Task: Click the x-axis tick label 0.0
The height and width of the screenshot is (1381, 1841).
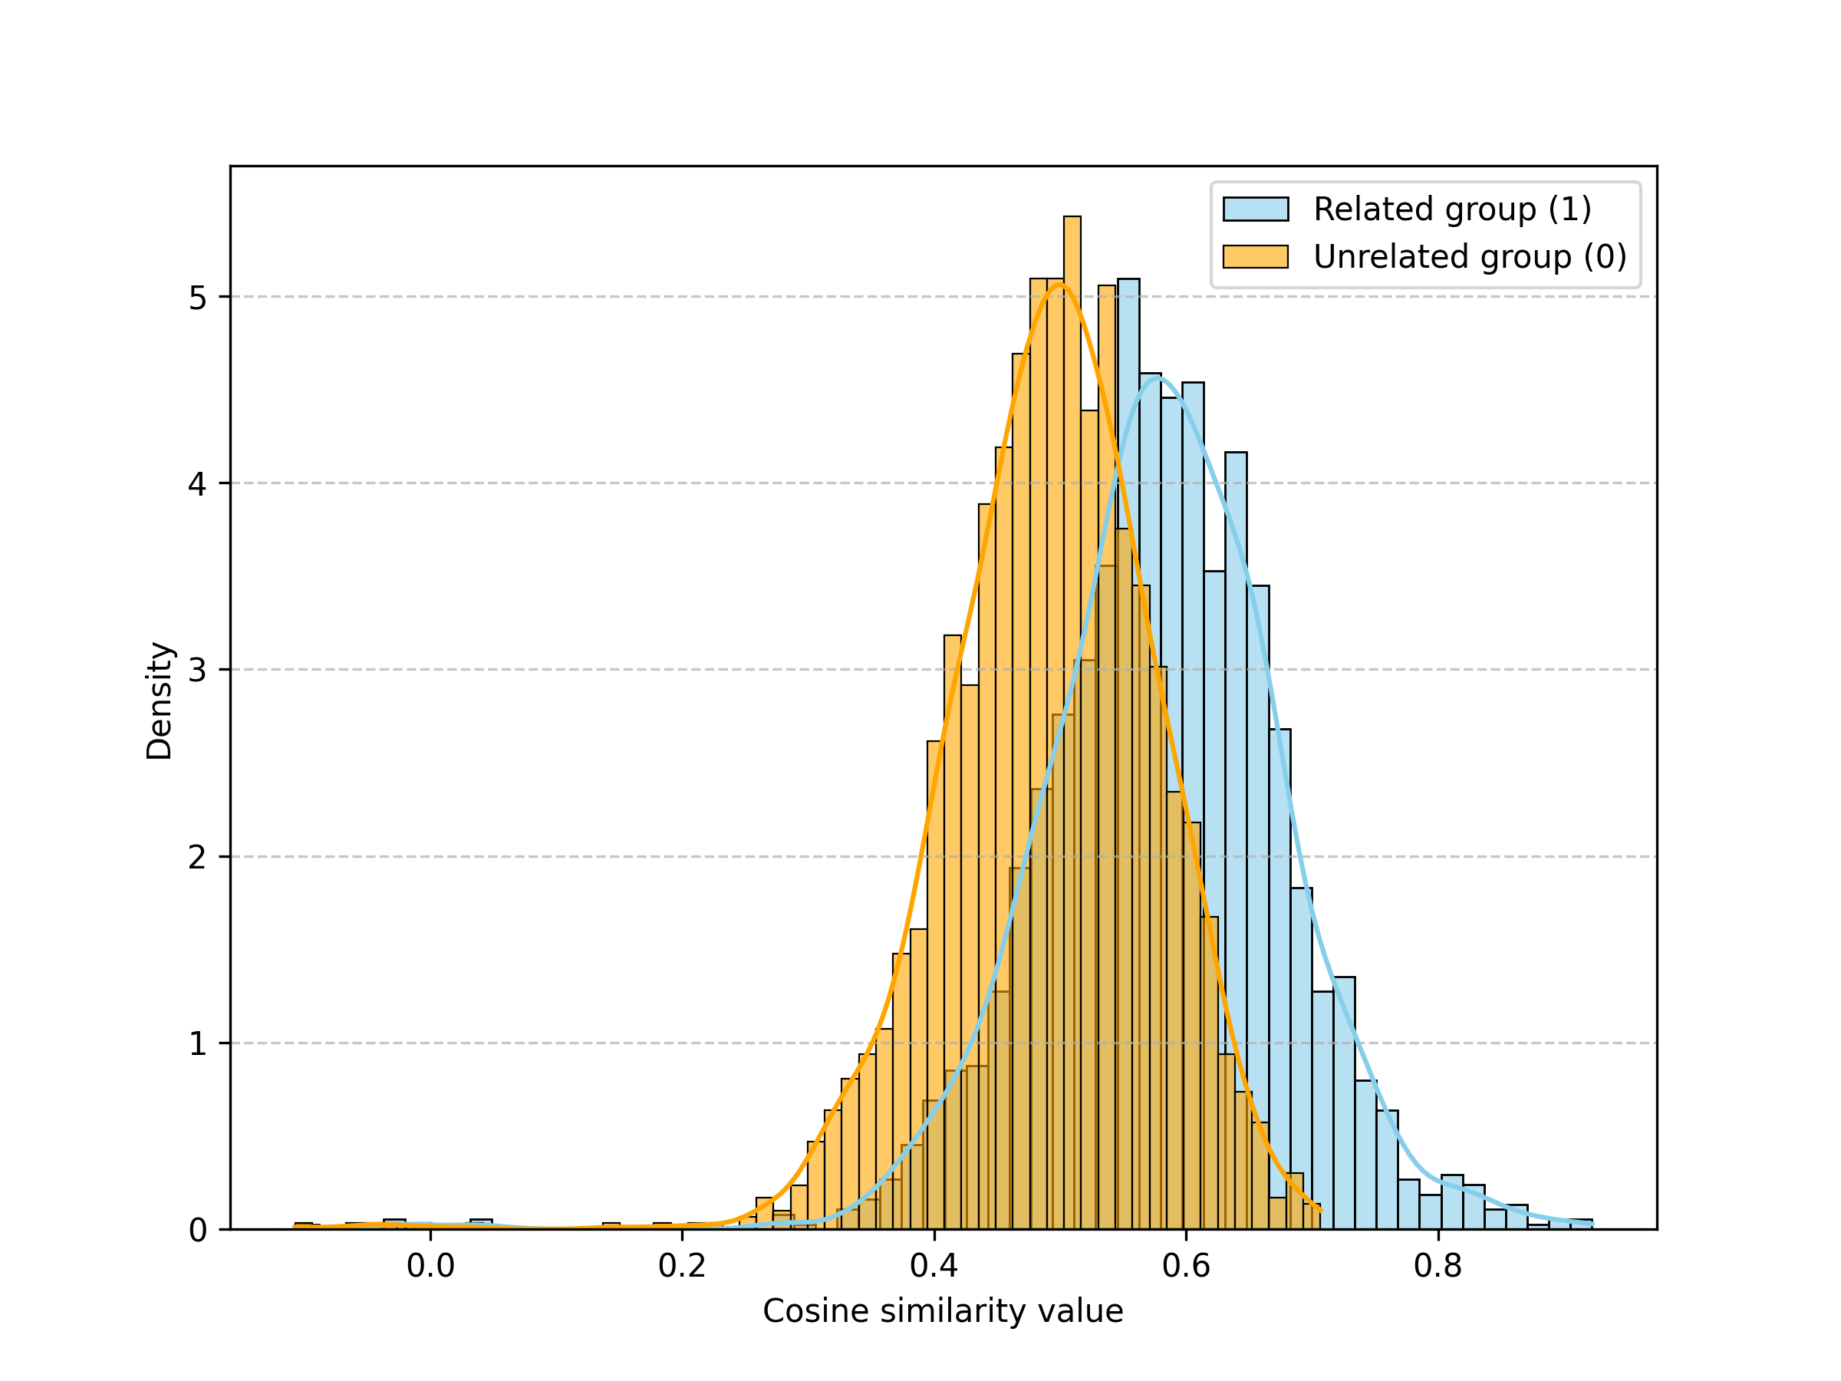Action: pyautogui.click(x=430, y=1266)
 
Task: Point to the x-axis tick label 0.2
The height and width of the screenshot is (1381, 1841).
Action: pyautogui.click(x=682, y=1266)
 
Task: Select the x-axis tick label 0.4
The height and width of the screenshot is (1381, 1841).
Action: pyautogui.click(x=934, y=1266)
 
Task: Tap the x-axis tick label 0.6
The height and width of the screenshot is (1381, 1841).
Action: pyautogui.click(x=1186, y=1266)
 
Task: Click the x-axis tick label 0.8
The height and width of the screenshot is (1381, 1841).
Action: pyautogui.click(x=1438, y=1266)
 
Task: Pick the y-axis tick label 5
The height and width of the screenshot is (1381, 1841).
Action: pyautogui.click(x=197, y=297)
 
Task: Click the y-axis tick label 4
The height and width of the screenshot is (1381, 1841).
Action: pyautogui.click(x=197, y=483)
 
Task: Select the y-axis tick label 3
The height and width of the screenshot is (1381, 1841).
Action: pyautogui.click(x=197, y=670)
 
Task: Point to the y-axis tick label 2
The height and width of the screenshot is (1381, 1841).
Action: pyautogui.click(x=197, y=856)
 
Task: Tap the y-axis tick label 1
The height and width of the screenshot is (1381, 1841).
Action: pyautogui.click(x=197, y=1043)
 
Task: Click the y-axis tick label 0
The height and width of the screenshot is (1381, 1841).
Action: pyautogui.click(x=197, y=1230)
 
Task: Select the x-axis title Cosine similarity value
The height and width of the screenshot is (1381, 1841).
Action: pyautogui.click(x=943, y=1312)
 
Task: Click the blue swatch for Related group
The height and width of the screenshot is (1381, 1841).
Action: pyautogui.click(x=1255, y=209)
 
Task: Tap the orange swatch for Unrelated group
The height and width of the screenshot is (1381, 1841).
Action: pyautogui.click(x=1255, y=256)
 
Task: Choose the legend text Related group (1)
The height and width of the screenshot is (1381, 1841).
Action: pyautogui.click(x=1452, y=209)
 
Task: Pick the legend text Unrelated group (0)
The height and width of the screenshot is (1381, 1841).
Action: pyautogui.click(x=1470, y=256)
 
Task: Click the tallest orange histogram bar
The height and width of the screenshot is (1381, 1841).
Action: pyautogui.click(x=1072, y=723)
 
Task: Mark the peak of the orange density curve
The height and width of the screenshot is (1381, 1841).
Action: pyautogui.click(x=1058, y=284)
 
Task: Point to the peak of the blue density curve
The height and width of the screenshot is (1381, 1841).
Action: pyautogui.click(x=1156, y=378)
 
